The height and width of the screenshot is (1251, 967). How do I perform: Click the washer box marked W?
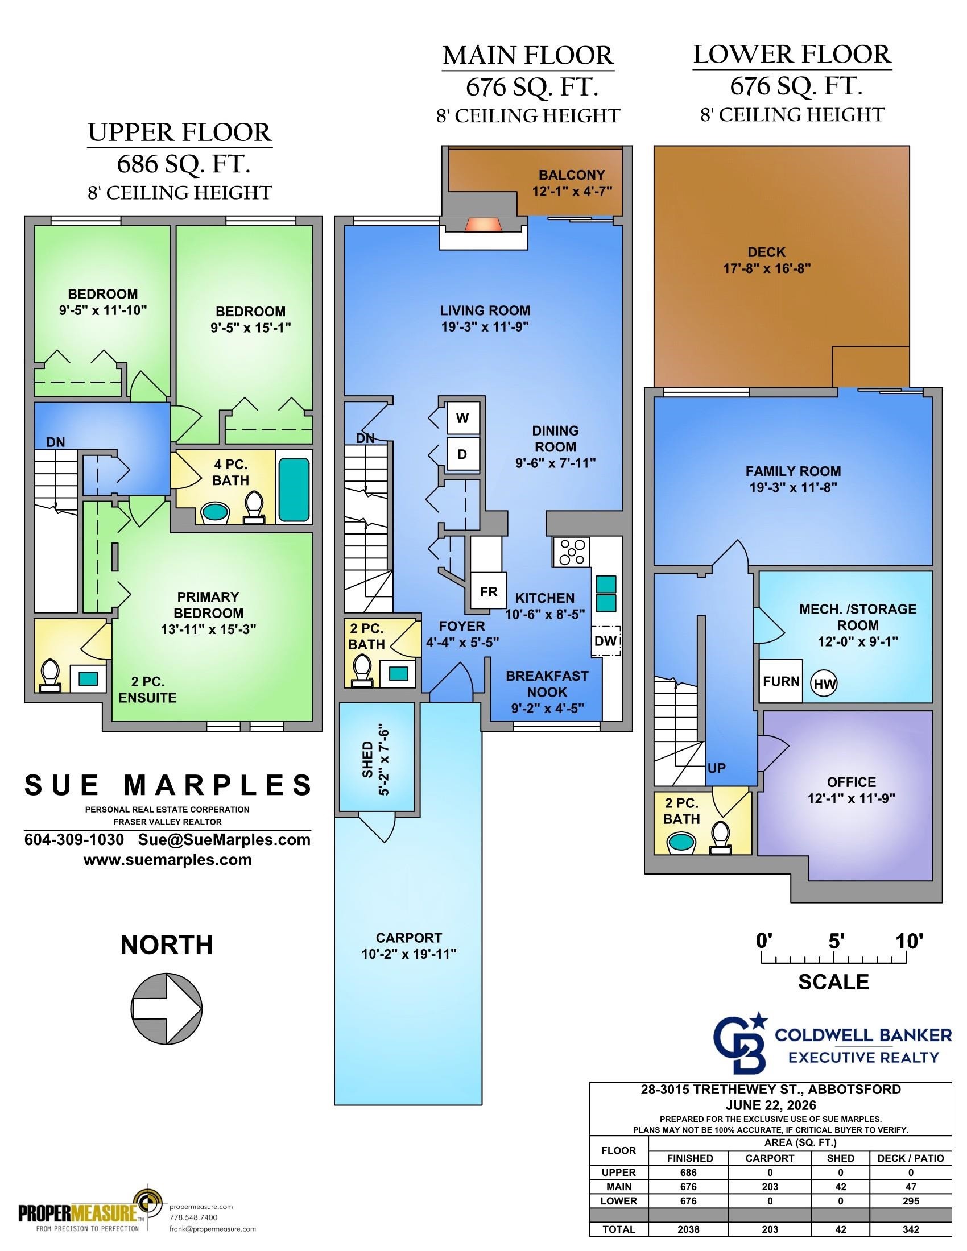(x=463, y=418)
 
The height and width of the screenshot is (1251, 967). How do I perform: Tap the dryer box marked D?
(x=463, y=454)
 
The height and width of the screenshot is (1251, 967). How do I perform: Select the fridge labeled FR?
(x=489, y=591)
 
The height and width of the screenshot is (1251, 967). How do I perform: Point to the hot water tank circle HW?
(x=824, y=684)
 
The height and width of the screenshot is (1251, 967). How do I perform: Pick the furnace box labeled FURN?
(x=781, y=681)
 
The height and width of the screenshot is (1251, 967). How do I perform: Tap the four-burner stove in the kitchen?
(x=571, y=552)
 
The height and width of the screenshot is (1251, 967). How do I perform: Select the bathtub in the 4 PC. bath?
(x=295, y=490)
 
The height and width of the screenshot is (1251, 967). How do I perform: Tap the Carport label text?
(x=408, y=938)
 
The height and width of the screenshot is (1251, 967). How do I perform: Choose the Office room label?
(x=852, y=782)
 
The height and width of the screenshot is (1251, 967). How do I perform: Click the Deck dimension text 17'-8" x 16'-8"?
(x=767, y=268)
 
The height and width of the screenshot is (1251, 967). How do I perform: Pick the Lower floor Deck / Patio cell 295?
(x=910, y=1200)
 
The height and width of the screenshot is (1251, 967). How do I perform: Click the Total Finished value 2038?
(x=689, y=1229)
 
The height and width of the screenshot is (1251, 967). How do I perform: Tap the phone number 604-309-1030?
(x=75, y=840)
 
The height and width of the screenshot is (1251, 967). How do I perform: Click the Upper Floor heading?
(x=180, y=133)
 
